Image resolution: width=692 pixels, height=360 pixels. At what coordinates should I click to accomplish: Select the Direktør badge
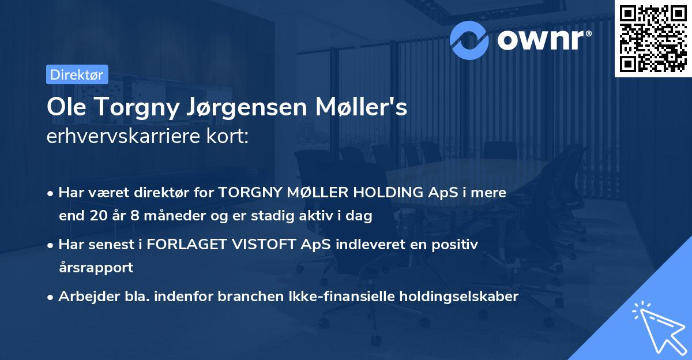(x=77, y=74)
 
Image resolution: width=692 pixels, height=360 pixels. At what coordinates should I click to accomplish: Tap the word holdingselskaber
(x=458, y=297)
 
